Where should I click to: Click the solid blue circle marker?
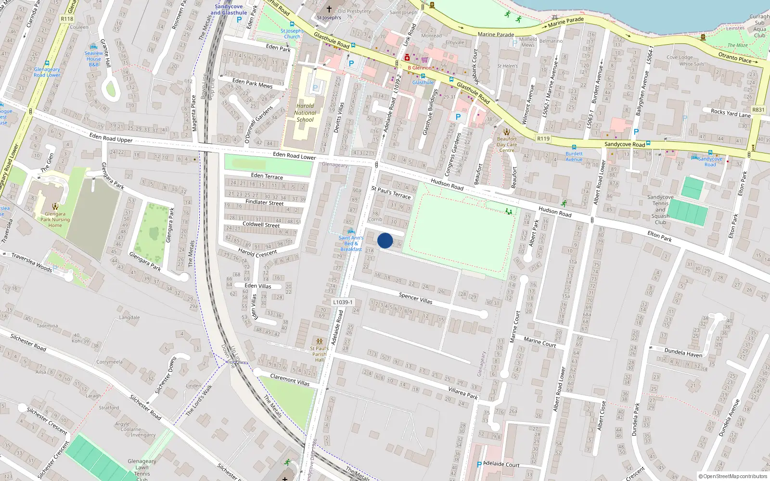click(385, 240)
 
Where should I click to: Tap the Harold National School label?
click(305, 113)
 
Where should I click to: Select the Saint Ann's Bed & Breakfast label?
click(351, 243)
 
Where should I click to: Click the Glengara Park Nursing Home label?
click(55, 219)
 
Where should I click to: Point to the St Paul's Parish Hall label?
click(319, 354)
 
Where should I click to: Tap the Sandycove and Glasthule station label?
click(229, 10)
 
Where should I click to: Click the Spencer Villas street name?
click(415, 298)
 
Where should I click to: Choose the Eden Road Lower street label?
click(294, 156)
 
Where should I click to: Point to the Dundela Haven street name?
click(683, 353)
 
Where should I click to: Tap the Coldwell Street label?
click(261, 224)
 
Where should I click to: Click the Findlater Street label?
click(264, 202)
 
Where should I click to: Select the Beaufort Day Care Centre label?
click(507, 144)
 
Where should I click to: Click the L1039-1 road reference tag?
click(343, 302)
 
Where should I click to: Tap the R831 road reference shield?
click(758, 110)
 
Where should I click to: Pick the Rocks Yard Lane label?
click(731, 113)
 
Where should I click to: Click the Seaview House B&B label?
click(94, 59)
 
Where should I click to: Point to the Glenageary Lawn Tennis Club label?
click(141, 467)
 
